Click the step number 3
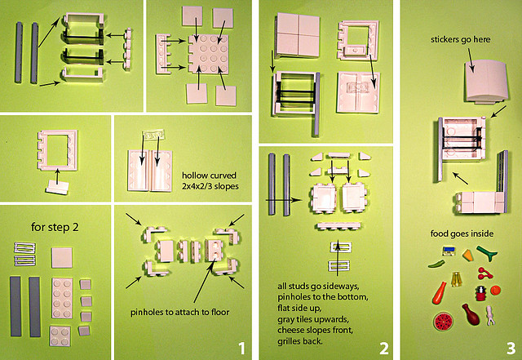point(509,347)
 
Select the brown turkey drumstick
point(471,313)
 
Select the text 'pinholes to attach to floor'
point(180,313)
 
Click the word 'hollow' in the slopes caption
point(192,173)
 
